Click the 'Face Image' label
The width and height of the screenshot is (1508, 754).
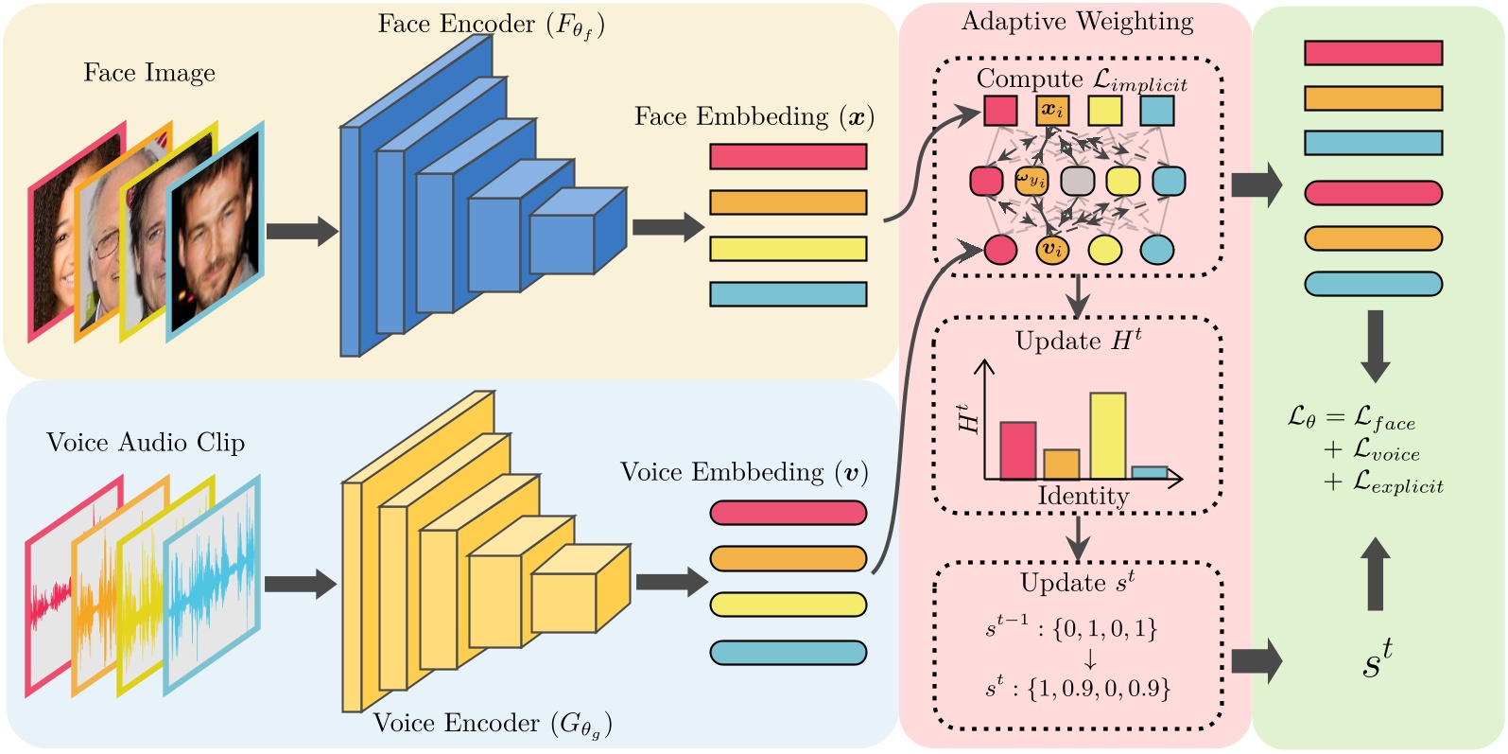(149, 73)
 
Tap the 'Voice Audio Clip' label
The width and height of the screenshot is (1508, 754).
(146, 443)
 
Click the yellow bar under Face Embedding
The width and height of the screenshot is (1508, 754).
(788, 249)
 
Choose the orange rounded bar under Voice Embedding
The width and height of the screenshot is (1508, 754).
(788, 559)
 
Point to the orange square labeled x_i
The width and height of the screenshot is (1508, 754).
(1052, 111)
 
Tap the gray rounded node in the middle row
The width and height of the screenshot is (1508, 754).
(1077, 181)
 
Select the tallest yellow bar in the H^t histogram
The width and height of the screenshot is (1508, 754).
(1107, 436)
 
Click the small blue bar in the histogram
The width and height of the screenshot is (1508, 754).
(1149, 472)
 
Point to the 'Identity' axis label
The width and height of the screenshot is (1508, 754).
(1083, 496)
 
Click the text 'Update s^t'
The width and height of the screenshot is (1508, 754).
(1077, 583)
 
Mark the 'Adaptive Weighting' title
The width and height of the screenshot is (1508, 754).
(1077, 22)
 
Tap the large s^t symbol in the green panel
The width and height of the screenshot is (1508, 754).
(1377, 660)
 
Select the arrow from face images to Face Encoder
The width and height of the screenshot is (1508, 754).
(301, 231)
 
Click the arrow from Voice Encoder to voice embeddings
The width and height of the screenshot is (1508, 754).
(670, 582)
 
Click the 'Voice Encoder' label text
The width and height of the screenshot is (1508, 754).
(492, 724)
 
